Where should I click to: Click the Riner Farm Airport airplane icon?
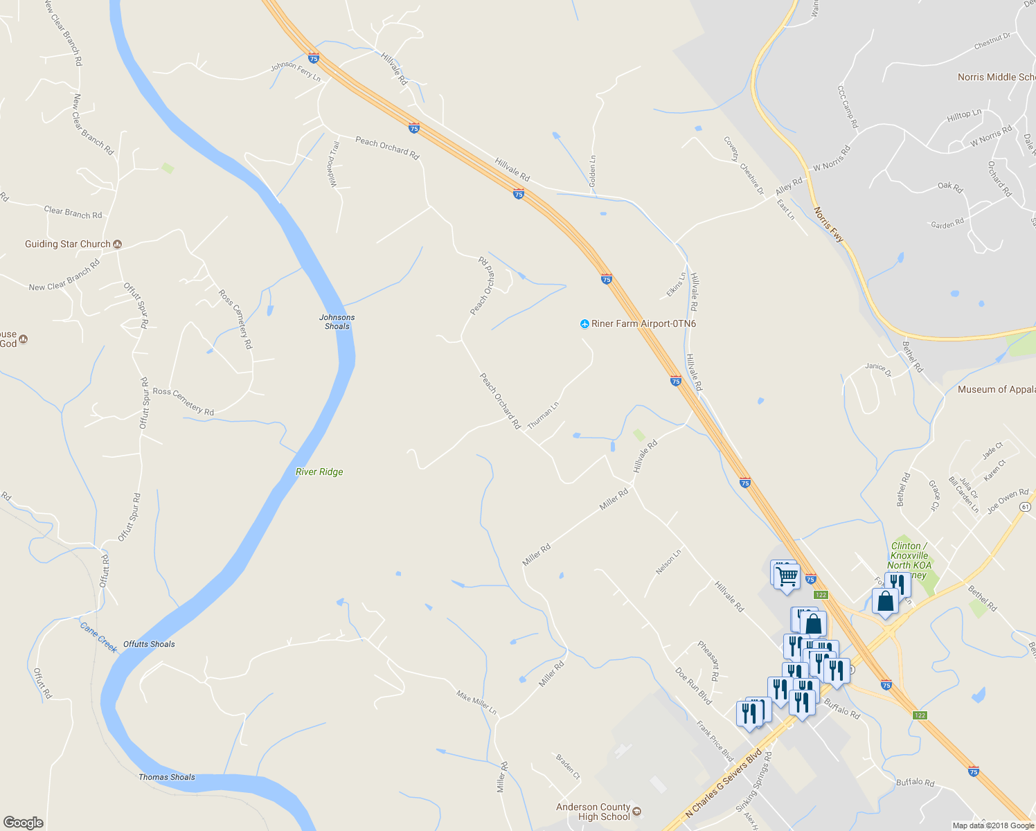click(x=584, y=323)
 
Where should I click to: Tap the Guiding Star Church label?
click(x=68, y=244)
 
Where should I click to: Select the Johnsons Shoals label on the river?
click(x=337, y=321)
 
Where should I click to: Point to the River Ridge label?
click(x=319, y=472)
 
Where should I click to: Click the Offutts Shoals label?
click(x=149, y=644)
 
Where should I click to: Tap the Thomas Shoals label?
click(x=167, y=777)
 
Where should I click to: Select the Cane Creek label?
click(x=98, y=637)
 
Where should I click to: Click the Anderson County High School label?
click(x=593, y=812)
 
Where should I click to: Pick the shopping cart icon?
click(x=787, y=576)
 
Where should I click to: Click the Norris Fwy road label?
click(x=828, y=224)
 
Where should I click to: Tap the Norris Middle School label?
click(x=996, y=77)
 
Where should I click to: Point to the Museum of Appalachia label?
click(x=996, y=390)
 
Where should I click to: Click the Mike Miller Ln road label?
click(x=476, y=702)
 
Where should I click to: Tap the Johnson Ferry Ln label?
click(x=296, y=71)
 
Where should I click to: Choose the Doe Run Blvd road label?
click(x=693, y=686)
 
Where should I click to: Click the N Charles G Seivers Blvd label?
click(x=723, y=783)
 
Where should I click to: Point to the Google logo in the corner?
click(x=24, y=823)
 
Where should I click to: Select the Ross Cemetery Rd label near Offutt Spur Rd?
click(x=184, y=402)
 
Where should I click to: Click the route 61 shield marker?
click(x=1025, y=507)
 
